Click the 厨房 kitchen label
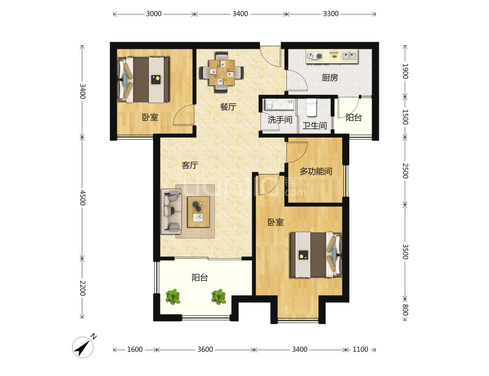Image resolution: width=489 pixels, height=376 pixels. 330,77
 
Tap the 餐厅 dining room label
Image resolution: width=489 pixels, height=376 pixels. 228,107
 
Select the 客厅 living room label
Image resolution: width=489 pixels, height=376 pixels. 189,165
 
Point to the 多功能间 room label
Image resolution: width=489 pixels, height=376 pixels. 316,171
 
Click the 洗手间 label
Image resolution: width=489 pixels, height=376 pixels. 280,119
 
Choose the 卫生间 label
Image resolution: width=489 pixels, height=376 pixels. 315,125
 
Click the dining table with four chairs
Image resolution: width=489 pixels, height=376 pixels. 222,72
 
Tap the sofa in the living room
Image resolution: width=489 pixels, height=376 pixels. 171,212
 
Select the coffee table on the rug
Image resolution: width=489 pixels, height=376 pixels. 199,212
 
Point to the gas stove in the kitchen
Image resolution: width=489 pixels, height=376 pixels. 314,56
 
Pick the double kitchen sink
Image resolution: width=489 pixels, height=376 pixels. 350,56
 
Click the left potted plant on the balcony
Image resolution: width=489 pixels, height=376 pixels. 173,297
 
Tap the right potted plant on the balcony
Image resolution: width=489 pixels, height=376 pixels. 219,297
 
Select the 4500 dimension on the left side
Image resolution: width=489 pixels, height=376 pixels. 82,198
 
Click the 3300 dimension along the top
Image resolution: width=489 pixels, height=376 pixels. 331,14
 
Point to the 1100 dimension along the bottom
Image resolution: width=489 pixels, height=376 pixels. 360,350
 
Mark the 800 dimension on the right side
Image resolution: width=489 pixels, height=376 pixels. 405,309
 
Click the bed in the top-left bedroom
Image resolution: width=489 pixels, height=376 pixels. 143,80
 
